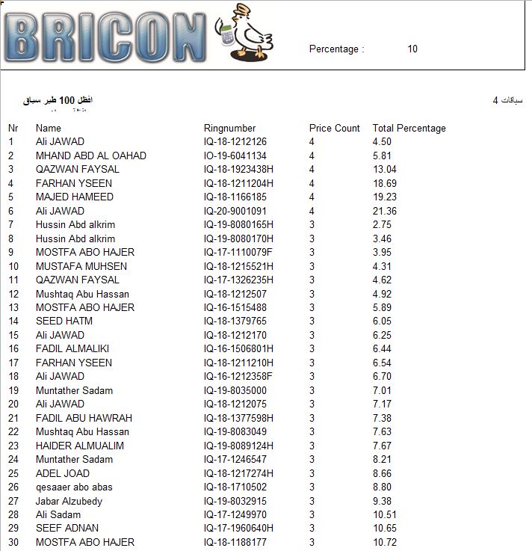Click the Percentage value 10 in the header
412,49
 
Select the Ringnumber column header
229,128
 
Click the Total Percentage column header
409,128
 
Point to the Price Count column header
334,128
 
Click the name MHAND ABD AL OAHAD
91,156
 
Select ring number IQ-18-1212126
235,142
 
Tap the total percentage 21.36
384,211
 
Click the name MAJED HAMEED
75,197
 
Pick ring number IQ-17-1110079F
238,252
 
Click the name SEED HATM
64,321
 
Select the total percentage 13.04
384,170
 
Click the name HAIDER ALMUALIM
80,446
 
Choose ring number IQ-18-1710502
235,487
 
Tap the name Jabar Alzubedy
69,501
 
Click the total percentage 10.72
384,542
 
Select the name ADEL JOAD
63,473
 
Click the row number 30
13,542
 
